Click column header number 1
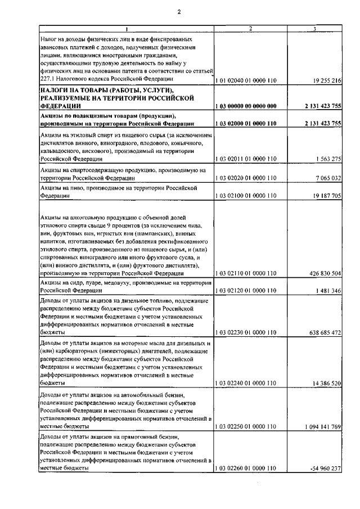127,29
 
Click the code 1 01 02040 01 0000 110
246,81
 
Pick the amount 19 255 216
325,81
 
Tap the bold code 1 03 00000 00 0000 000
246,106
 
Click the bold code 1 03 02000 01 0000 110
246,123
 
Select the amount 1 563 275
327,159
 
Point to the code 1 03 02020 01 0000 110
246,178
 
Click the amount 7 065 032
327,178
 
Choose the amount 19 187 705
325,196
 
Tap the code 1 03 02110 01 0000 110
246,273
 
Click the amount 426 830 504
323,273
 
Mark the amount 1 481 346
327,291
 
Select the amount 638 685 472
323,333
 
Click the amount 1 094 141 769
321,427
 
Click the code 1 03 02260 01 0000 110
246,469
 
